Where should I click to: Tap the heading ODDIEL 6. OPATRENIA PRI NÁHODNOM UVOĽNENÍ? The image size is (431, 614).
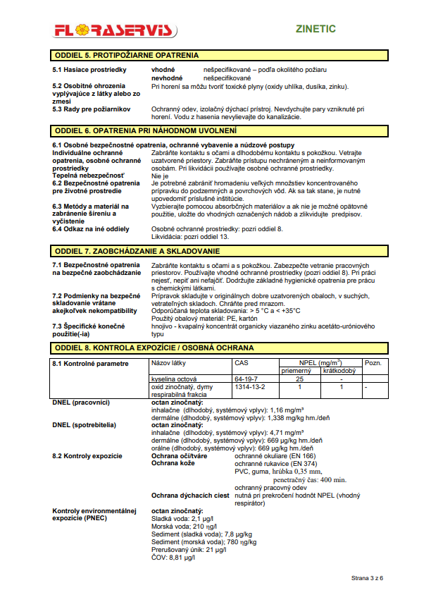[146, 130]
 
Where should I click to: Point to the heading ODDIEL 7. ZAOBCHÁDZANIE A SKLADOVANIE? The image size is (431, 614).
[142, 251]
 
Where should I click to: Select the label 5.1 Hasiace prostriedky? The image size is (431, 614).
[89, 70]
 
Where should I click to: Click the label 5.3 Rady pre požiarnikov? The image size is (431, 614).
[92, 109]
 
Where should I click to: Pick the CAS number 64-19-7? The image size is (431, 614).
[246, 379]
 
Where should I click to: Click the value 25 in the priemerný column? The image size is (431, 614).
[299, 379]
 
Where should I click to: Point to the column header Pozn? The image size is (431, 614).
[373, 363]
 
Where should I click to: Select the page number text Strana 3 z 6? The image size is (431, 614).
[368, 577]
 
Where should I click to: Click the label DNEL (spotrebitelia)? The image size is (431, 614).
[85, 425]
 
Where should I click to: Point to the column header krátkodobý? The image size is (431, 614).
[339, 370]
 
